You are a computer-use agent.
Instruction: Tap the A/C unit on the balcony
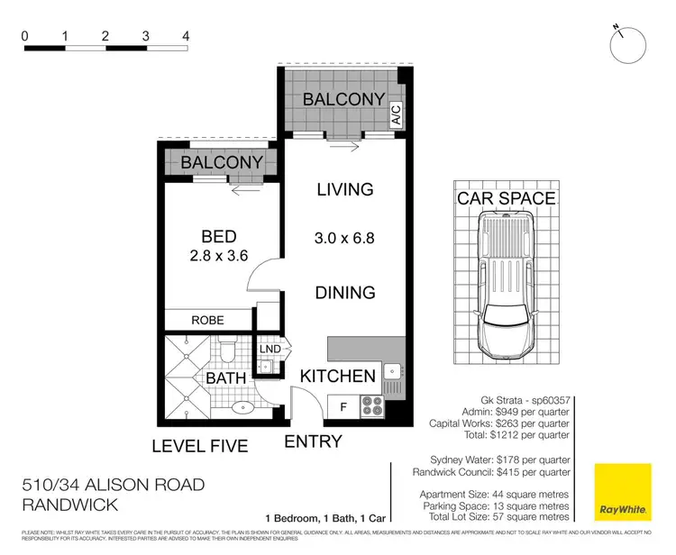[x=396, y=114]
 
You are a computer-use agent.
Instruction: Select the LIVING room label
[x=344, y=189]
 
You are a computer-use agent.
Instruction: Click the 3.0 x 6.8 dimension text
[x=344, y=239]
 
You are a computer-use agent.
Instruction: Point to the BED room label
[x=219, y=237]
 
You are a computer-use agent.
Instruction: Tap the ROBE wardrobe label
[x=207, y=320]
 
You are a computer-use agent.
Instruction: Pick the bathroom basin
[x=242, y=406]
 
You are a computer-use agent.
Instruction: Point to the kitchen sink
[x=391, y=371]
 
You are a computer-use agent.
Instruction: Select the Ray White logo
[x=622, y=492]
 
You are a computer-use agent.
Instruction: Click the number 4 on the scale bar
[x=185, y=36]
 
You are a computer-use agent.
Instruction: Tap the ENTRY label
[x=313, y=441]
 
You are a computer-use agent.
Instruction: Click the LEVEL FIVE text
[x=199, y=445]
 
